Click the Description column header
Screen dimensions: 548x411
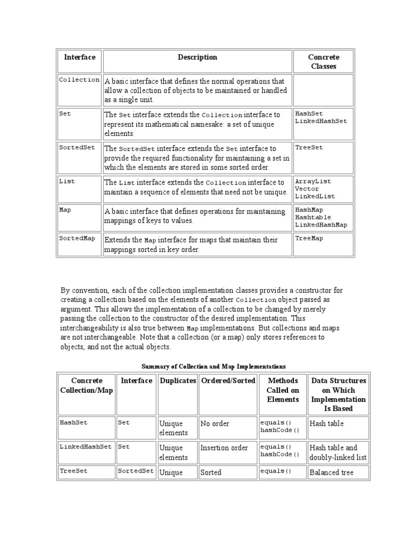[x=197, y=57]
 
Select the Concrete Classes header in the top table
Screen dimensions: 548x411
[x=323, y=62]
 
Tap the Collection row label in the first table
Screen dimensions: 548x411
[x=79, y=80]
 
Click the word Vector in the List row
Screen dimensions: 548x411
[x=307, y=189]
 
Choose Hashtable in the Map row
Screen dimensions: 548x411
[x=313, y=217]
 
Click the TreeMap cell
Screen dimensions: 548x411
[x=309, y=238]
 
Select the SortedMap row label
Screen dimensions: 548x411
[x=77, y=238]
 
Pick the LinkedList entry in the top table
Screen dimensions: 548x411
[x=315, y=196]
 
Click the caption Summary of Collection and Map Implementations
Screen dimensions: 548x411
[x=214, y=367]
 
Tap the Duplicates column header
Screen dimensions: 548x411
[x=178, y=380]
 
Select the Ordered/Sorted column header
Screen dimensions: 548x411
[x=227, y=380]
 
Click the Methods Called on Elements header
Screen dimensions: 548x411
[x=283, y=390]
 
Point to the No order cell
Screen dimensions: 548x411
[x=215, y=423]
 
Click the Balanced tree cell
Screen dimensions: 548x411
[x=331, y=473]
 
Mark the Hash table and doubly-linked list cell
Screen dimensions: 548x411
[x=338, y=452]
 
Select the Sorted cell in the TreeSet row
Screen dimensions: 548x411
[x=211, y=473]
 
